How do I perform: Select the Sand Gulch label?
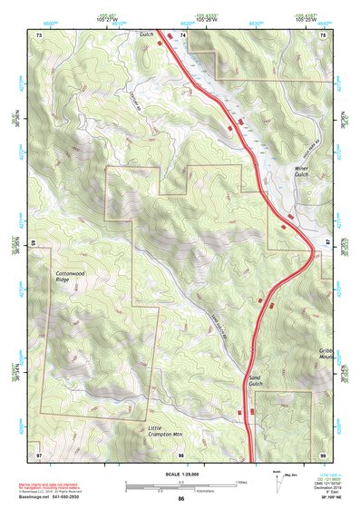click(256, 383)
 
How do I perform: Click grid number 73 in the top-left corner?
click(39, 34)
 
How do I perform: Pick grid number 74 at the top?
click(182, 34)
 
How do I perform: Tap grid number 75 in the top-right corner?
click(322, 34)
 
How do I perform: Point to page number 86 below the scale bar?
click(181, 498)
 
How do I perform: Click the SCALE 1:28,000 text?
click(180, 472)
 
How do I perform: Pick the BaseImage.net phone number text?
click(63, 497)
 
